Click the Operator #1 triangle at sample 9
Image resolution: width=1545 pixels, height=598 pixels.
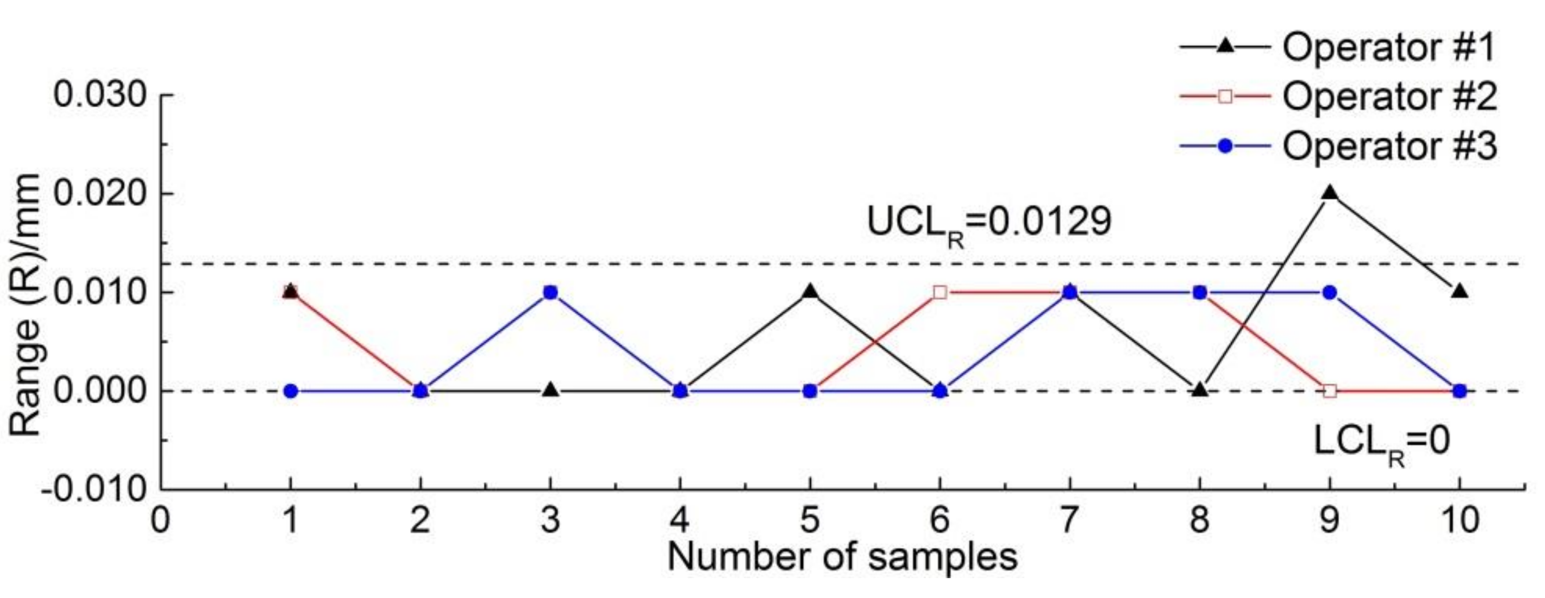point(1330,193)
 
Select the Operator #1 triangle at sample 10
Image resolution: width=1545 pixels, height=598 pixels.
point(1460,292)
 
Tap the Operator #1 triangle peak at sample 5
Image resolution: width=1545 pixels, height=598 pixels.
point(810,292)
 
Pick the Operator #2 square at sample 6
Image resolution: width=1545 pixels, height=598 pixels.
point(941,293)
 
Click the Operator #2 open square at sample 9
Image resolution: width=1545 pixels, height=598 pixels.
point(1330,391)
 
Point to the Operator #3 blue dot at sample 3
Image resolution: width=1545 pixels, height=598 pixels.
point(551,293)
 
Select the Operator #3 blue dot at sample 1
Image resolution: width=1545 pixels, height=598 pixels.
point(291,391)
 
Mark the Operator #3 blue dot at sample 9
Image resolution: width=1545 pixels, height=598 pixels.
point(1330,293)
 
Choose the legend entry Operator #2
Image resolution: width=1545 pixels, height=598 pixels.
point(1389,96)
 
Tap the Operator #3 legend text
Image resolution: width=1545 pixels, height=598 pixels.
point(1389,146)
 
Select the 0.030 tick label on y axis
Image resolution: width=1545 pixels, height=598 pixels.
point(100,95)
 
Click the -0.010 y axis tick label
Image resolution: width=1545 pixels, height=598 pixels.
point(95,490)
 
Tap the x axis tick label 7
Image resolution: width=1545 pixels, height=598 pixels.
point(1070,520)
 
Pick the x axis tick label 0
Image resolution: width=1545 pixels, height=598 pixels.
point(160,520)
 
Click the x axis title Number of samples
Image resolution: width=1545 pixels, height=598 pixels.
point(842,557)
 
